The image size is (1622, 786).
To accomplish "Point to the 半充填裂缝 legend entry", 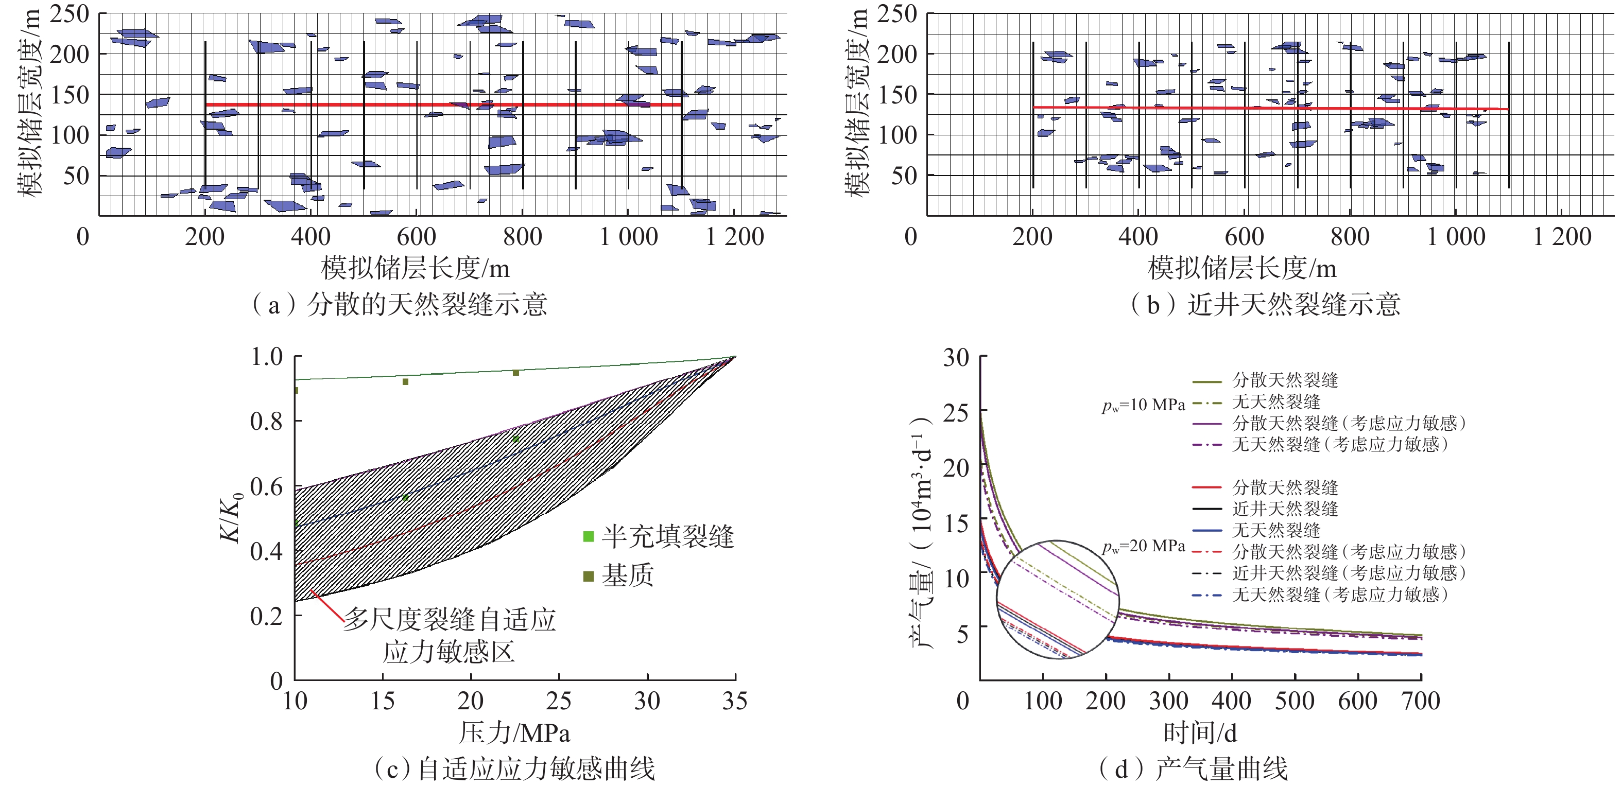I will (659, 537).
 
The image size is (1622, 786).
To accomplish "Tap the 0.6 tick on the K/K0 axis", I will (266, 486).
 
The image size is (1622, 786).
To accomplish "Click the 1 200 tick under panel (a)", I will (734, 237).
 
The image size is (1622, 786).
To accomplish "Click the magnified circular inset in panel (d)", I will (1057, 599).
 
